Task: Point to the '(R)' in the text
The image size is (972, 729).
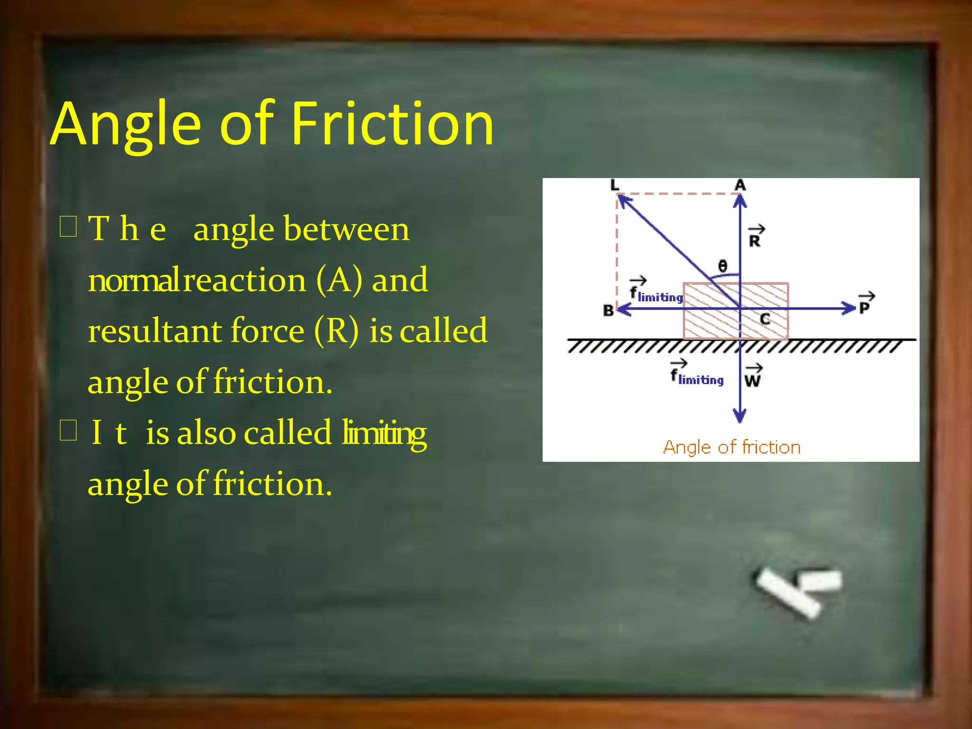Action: (336, 331)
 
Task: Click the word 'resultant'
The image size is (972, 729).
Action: (155, 331)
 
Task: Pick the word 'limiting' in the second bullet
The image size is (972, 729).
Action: (384, 433)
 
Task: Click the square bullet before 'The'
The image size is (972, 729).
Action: (68, 226)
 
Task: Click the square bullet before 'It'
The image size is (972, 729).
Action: (68, 430)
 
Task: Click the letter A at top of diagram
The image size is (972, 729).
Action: (740, 185)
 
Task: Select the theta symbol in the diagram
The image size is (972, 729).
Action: (722, 266)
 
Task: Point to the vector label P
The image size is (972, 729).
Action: (865, 305)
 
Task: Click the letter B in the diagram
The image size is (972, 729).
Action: (608, 310)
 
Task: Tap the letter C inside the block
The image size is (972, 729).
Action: (765, 319)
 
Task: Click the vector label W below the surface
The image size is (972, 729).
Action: (753, 378)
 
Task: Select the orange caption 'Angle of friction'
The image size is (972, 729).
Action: (731, 448)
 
